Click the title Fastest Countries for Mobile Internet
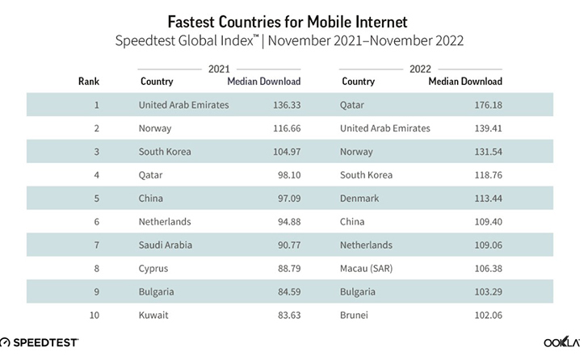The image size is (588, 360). click(x=293, y=17)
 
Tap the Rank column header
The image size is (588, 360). click(x=88, y=82)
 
